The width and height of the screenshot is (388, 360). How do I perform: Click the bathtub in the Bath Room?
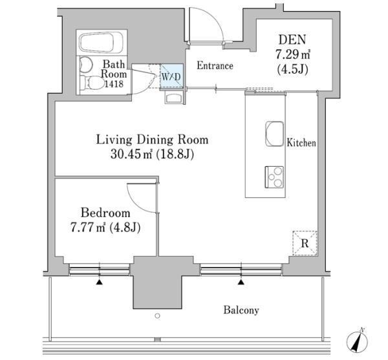[102, 42]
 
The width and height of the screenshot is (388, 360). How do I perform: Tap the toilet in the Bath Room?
[92, 83]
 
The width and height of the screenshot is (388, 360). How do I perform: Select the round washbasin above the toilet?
[85, 65]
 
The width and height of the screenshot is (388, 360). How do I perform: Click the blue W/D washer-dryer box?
[171, 76]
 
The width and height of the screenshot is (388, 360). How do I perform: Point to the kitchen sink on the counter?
[274, 134]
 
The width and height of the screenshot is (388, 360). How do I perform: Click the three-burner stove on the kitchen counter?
[274, 177]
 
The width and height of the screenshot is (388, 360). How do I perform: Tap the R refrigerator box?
[305, 243]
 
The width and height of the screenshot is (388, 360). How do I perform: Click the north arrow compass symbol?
[357, 341]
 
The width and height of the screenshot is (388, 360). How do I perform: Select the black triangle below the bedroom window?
[99, 282]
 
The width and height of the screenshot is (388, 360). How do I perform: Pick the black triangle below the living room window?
[241, 282]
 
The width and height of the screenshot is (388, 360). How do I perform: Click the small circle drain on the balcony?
[157, 316]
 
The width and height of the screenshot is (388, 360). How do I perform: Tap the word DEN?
[292, 39]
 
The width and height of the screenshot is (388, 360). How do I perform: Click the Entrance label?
[215, 65]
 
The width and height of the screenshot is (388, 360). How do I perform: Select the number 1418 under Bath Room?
[114, 84]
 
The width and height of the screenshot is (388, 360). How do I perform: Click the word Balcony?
[241, 310]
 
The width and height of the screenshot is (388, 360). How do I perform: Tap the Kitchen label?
[301, 143]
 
